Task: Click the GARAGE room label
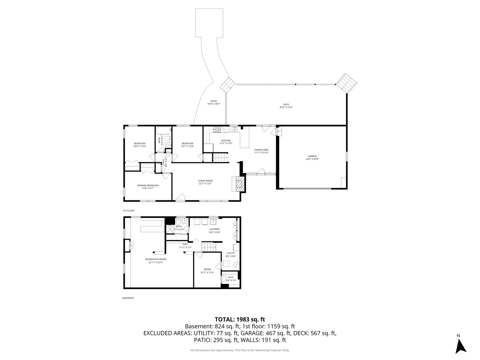click(312, 156)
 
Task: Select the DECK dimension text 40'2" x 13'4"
click(286, 107)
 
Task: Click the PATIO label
click(214, 101)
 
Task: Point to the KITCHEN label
click(226, 140)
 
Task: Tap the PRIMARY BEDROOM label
click(148, 185)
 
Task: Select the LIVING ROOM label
click(205, 181)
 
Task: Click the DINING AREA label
click(261, 150)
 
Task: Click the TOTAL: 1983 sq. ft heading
click(240, 319)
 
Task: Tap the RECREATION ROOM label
click(156, 259)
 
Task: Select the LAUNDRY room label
click(214, 229)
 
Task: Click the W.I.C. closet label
click(231, 277)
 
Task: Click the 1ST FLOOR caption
click(128, 211)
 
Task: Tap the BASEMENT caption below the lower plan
click(128, 298)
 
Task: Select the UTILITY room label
click(231, 253)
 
